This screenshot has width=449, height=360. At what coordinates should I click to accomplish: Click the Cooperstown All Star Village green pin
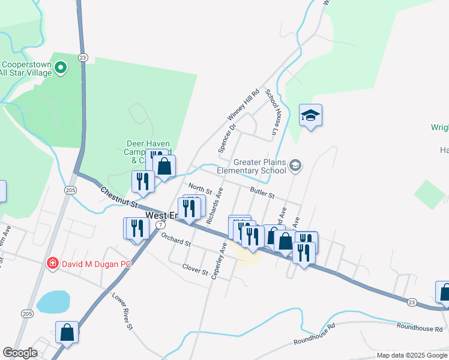tap(60, 68)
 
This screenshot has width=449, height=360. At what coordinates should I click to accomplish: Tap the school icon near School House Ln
tap(310, 115)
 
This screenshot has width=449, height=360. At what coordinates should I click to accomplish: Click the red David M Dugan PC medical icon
tap(52, 263)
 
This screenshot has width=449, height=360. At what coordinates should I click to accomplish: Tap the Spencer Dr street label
tap(228, 138)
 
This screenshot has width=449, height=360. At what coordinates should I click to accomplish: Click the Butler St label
tap(262, 193)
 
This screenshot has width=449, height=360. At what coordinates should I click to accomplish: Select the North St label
tap(200, 188)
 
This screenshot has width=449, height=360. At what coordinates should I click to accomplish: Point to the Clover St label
tap(194, 271)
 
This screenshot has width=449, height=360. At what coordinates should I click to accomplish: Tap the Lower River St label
tap(121, 311)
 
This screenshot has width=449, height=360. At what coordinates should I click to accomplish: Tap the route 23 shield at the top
tap(83, 57)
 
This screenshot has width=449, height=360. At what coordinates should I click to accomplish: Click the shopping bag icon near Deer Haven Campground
tap(164, 166)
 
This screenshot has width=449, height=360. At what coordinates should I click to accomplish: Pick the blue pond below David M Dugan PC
tap(53, 301)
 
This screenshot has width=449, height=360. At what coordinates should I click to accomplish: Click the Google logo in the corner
tap(20, 353)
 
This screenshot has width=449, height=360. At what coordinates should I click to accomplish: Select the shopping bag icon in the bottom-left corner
tap(67, 332)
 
